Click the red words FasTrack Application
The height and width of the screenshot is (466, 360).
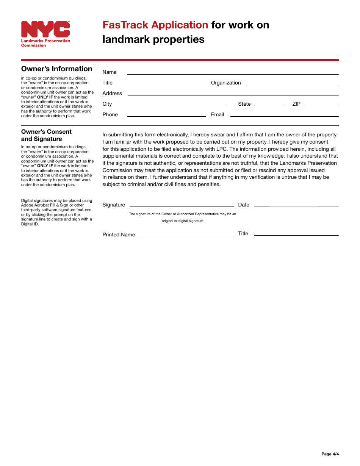[x=155, y=25]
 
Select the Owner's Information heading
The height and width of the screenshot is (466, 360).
[x=57, y=69]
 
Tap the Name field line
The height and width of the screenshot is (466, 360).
[x=233, y=72]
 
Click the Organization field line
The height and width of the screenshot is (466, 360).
[x=292, y=83]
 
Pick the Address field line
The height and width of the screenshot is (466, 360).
[x=233, y=93]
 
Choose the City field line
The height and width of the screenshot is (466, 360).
[x=177, y=104]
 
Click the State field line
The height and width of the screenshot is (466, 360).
[x=269, y=104]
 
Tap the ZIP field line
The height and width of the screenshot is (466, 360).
[x=321, y=104]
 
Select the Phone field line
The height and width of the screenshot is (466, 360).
[x=166, y=114]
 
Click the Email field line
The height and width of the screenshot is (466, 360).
[x=284, y=114]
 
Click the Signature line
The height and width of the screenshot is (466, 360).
[x=182, y=204]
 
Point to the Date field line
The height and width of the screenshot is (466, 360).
[x=296, y=204]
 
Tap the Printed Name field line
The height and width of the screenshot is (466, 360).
[x=187, y=235]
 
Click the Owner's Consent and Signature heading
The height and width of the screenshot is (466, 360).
[x=47, y=135]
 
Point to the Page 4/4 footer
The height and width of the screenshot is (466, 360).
[x=330, y=454]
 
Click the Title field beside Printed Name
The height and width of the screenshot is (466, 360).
[x=296, y=234]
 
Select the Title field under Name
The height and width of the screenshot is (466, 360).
[x=165, y=83]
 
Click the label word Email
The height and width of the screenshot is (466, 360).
[x=218, y=114]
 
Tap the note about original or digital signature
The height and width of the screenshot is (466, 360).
[x=182, y=217]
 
